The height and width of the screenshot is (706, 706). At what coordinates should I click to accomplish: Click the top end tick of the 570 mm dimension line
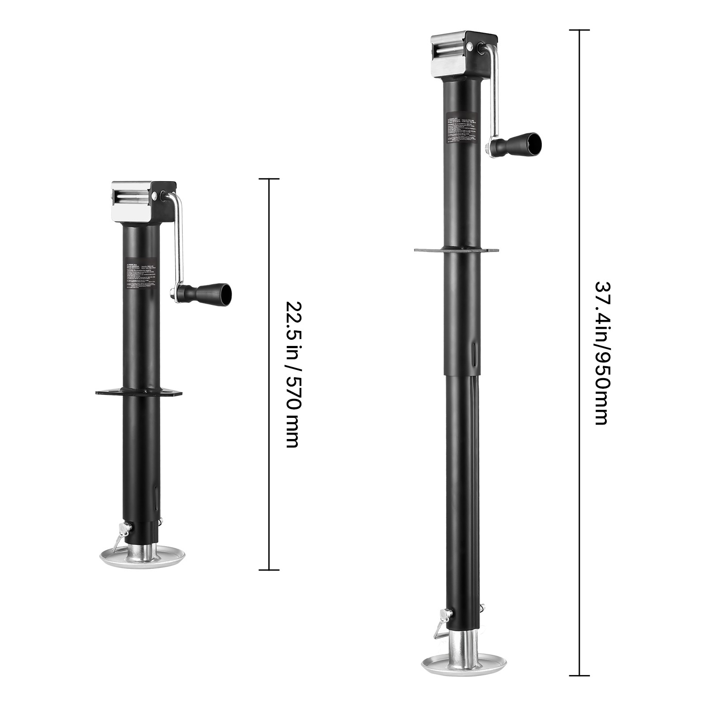point(269,179)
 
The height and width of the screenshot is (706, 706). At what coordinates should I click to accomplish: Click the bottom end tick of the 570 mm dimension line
point(269,570)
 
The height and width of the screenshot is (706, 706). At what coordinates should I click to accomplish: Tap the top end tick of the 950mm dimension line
point(579,30)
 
